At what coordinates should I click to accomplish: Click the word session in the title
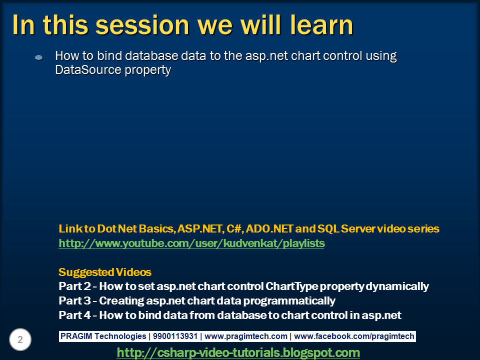(142, 25)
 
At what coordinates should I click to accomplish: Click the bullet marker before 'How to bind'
(39, 57)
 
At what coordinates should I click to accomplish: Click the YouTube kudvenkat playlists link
(191, 243)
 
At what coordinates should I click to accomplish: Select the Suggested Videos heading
(105, 272)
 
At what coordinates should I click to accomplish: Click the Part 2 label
(74, 286)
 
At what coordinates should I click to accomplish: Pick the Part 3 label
(74, 300)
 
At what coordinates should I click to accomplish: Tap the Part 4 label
(74, 315)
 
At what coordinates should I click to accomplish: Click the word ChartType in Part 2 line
(291, 286)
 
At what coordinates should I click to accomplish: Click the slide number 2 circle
(20, 339)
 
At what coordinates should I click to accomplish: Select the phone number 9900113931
(175, 336)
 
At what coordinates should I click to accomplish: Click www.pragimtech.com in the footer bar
(246, 336)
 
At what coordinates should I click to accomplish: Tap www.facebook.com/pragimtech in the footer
(354, 336)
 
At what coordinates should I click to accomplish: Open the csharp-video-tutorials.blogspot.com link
(238, 352)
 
